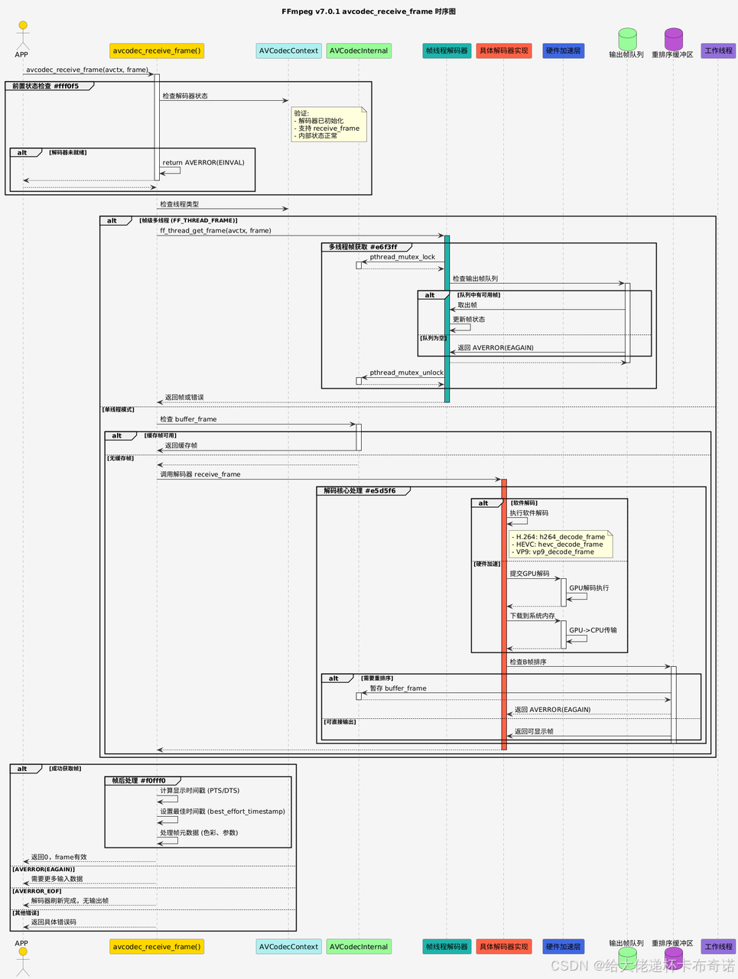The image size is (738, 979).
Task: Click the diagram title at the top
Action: point(369,11)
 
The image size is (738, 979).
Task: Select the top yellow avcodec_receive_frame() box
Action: point(157,50)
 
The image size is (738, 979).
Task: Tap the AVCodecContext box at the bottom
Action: point(288,946)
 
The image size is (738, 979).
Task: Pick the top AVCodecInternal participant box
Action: point(359,50)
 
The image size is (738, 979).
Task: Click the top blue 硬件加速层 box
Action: point(563,50)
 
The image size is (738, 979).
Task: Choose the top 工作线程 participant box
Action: point(718,50)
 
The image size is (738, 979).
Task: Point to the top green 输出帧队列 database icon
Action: point(627,37)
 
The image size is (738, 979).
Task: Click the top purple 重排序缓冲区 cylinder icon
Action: point(673,37)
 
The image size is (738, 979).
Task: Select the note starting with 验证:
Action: point(330,124)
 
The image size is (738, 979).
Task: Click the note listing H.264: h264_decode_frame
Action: point(562,544)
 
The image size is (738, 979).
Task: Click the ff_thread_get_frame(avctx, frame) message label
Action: point(216,230)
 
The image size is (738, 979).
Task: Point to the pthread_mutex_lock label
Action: point(402,257)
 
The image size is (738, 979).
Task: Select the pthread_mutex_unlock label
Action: point(406,372)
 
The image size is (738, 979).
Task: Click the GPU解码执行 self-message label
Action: point(589,588)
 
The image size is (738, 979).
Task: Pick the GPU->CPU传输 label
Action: point(593,630)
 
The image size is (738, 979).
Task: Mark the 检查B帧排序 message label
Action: point(528,662)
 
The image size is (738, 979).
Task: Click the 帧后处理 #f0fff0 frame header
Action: point(138,781)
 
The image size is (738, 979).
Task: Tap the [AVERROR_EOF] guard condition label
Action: point(37,891)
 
